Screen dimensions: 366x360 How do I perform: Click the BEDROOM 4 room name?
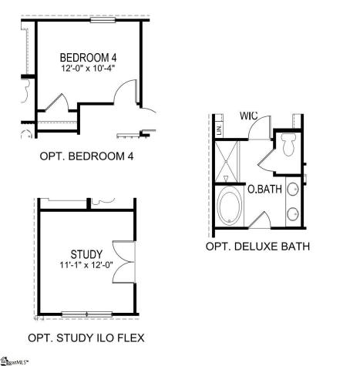(89, 58)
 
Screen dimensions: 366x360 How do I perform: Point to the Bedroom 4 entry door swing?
(126, 98)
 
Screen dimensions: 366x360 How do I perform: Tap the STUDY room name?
(86, 254)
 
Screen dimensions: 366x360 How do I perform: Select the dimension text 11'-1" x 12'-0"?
(86, 265)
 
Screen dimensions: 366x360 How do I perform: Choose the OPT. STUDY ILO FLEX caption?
(86, 337)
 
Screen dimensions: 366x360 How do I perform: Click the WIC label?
(248, 116)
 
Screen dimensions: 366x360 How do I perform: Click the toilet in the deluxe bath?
(289, 143)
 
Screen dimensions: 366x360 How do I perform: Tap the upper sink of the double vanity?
(294, 189)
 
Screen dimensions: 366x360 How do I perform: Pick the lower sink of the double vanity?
(294, 213)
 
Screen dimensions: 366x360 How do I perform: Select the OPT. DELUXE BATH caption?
(257, 247)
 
